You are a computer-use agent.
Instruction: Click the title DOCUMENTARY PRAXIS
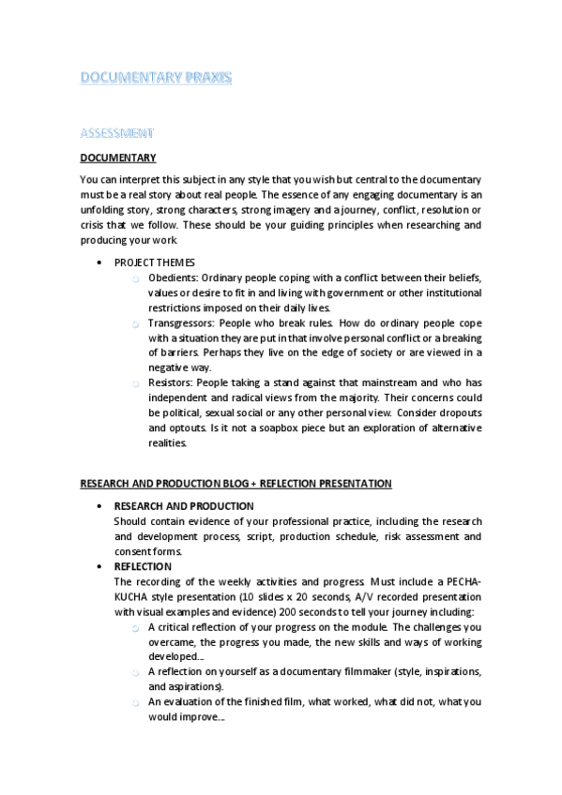click(156, 79)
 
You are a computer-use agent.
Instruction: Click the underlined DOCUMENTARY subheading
click(118, 157)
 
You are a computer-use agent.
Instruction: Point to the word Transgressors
click(179, 322)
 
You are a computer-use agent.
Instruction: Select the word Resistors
click(169, 382)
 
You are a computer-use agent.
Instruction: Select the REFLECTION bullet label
click(143, 566)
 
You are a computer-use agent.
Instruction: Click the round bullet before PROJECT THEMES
click(99, 262)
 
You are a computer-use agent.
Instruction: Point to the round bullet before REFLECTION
click(99, 566)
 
